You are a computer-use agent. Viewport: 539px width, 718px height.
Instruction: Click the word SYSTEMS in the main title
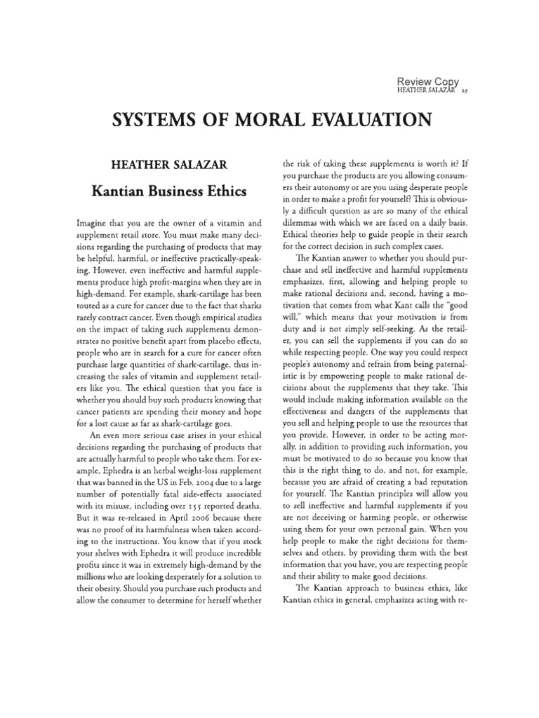point(156,120)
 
